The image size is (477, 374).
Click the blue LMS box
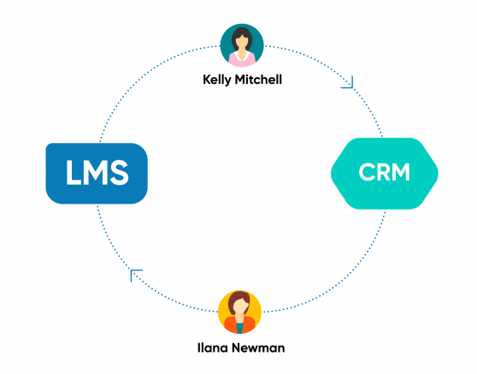pyautogui.click(x=97, y=173)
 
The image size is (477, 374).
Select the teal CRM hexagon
pyautogui.click(x=384, y=173)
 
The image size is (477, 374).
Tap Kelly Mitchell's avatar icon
pyautogui.click(x=242, y=45)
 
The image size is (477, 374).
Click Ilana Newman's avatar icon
pyautogui.click(x=239, y=312)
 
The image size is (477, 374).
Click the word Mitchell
pyautogui.click(x=260, y=79)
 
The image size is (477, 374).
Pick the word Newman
pyautogui.click(x=256, y=349)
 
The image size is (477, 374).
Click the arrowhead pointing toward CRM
pyautogui.click(x=347, y=82)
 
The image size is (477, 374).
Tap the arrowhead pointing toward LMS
pyautogui.click(x=136, y=275)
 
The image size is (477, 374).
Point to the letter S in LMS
pyautogui.click(x=119, y=174)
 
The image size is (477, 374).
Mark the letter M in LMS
pyautogui.click(x=95, y=174)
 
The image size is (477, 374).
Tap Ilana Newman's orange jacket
pyautogui.click(x=229, y=327)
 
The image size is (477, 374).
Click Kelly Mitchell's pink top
pyautogui.click(x=242, y=61)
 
